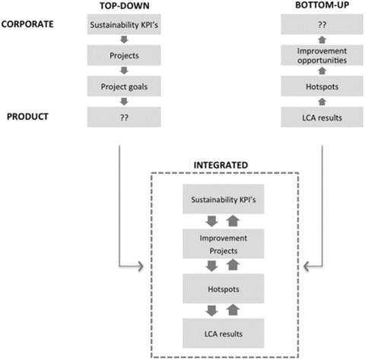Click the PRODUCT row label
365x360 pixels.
[x=26, y=118]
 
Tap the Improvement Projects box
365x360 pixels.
[x=223, y=245]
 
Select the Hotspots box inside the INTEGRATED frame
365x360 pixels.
[x=223, y=289]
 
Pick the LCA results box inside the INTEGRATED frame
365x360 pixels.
[x=223, y=333]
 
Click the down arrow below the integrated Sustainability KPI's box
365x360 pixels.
[x=212, y=222]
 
